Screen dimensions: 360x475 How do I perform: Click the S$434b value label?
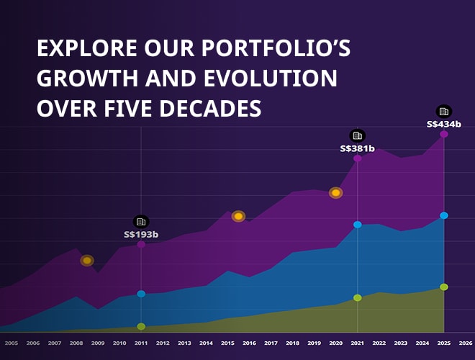point(444,124)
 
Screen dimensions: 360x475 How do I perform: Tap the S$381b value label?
point(357,148)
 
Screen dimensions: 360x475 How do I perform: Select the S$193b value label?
point(141,234)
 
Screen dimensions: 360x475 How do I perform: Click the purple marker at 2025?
point(444,134)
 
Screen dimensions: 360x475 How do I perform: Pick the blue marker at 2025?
point(444,215)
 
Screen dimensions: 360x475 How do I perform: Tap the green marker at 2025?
point(444,287)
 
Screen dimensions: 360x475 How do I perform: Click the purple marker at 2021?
point(357,158)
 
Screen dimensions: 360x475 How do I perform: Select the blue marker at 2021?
point(357,225)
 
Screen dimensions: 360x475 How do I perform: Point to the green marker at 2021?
point(357,297)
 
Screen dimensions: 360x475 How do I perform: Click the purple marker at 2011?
point(141,244)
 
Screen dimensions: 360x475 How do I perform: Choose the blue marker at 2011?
point(141,294)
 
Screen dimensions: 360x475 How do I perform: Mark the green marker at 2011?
point(141,326)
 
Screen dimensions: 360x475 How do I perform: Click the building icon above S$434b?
point(444,111)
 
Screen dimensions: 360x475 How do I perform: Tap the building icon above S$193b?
point(141,221)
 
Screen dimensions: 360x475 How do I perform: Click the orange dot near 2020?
point(335,192)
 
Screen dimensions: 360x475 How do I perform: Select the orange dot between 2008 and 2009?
point(87,260)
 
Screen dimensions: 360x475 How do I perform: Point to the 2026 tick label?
point(466,343)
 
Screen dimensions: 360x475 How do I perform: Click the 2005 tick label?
point(12,343)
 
